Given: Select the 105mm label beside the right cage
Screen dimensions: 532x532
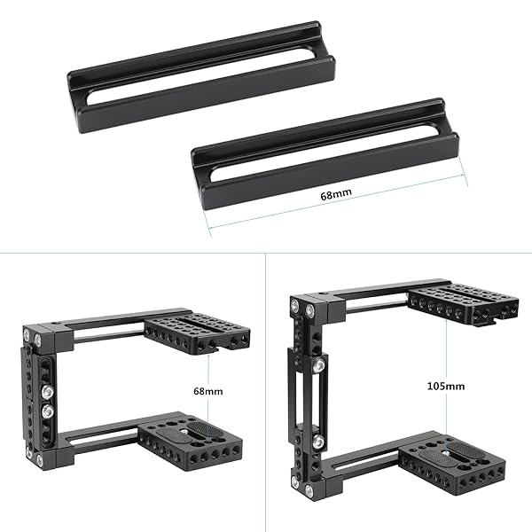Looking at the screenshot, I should (x=443, y=387).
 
